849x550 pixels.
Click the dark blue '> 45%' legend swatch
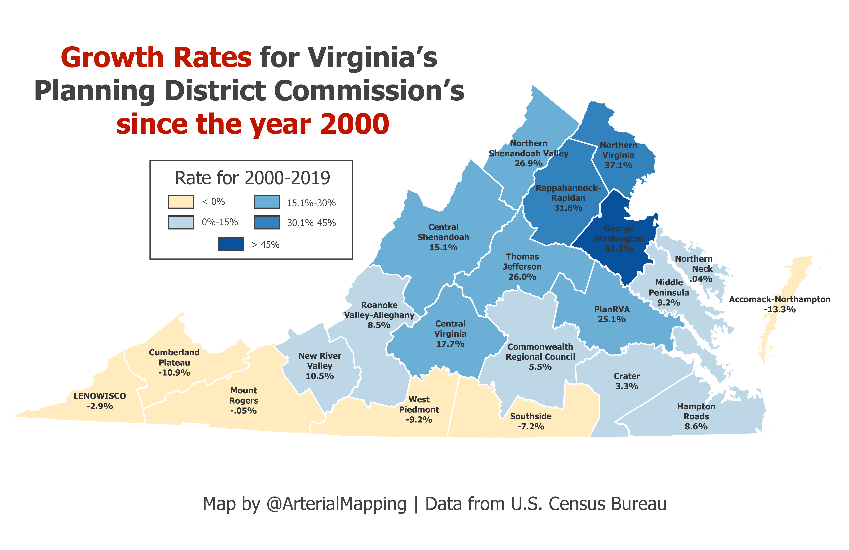click(231, 244)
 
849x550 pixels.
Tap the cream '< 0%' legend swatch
click(181, 202)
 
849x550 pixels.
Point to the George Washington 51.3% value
click(619, 248)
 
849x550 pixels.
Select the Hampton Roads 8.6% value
click(696, 426)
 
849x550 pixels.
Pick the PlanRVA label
click(612, 309)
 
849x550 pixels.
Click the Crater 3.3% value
click(627, 386)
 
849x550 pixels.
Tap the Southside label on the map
click(531, 416)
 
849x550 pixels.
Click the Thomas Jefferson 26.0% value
click(522, 277)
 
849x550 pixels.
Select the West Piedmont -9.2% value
click(419, 420)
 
